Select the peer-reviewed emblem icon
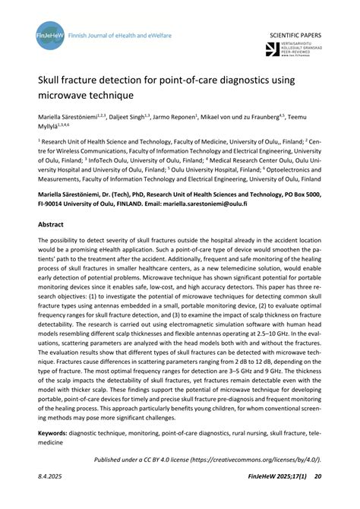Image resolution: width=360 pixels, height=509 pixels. pyautogui.click(x=273, y=50)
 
